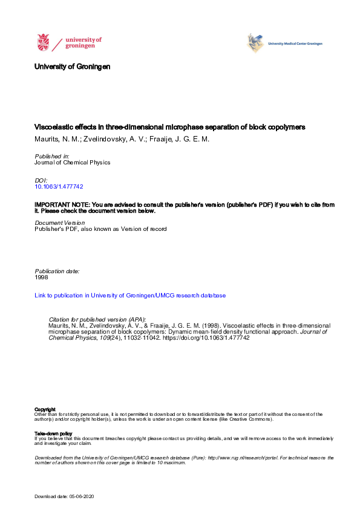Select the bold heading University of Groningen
[72, 66]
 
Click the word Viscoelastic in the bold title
[51, 128]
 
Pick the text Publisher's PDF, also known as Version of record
[100, 229]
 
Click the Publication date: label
[57, 271]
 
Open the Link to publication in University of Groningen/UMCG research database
[130, 296]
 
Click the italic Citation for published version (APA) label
[97, 319]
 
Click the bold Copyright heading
[45, 409]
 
